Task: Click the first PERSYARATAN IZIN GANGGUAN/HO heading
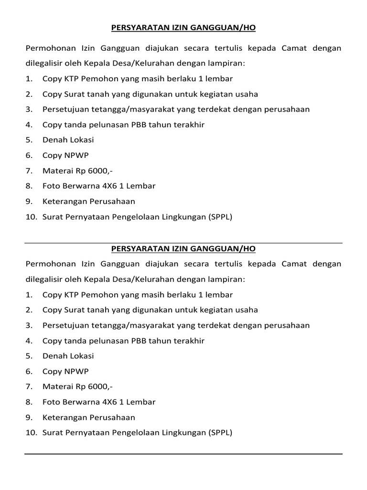coord(183,28)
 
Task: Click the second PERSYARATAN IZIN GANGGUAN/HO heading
coord(183,249)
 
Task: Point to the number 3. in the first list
coord(29,109)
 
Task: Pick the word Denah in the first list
coord(54,140)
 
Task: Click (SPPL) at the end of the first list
coord(220,216)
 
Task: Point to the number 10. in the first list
coord(31,216)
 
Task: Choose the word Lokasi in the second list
coord(81,356)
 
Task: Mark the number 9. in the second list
coord(29,417)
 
